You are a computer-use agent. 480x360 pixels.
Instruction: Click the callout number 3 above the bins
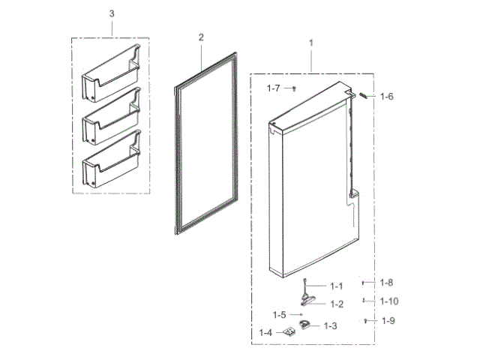112,14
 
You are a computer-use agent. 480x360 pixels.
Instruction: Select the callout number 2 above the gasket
201,37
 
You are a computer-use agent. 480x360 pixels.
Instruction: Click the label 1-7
274,88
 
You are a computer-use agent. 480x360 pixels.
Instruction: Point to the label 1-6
386,96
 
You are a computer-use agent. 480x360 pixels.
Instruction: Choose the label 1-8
386,283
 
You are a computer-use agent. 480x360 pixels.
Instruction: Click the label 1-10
388,301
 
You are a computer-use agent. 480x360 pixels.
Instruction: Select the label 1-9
388,321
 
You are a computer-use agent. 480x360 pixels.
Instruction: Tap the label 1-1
335,286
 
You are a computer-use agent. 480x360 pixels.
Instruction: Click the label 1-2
336,304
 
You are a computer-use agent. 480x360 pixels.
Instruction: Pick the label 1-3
330,325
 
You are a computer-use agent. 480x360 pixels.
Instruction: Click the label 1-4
265,332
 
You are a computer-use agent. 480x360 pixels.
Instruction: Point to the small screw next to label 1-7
294,88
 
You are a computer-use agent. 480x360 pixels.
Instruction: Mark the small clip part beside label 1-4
287,332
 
